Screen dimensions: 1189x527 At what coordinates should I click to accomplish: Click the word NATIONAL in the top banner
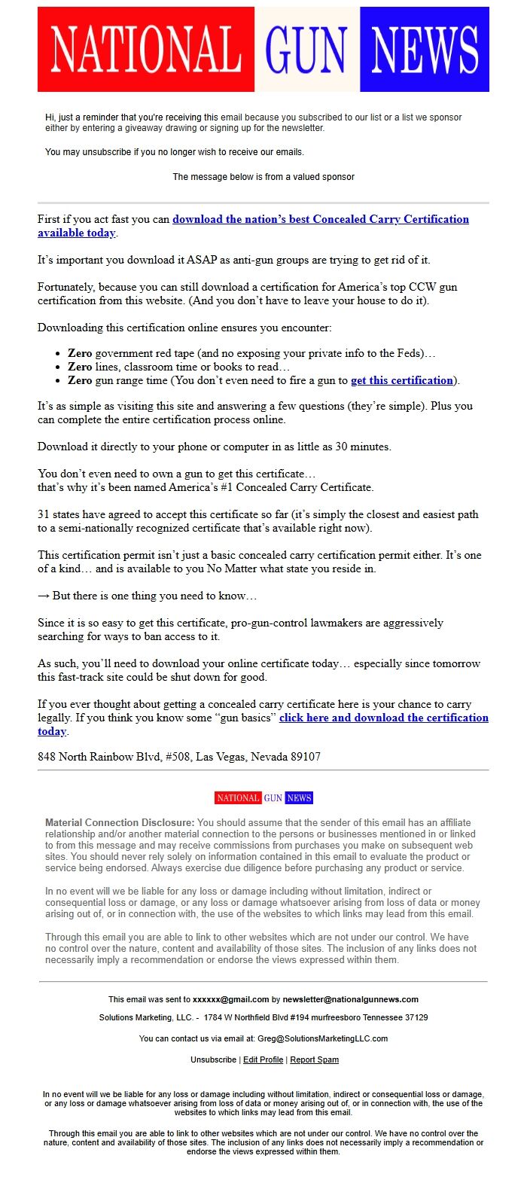146,50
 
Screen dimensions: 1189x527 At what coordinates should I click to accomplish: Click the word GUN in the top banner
306,50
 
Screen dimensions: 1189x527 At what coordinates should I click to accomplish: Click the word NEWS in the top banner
425,50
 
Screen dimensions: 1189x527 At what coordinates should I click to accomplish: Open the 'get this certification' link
402,380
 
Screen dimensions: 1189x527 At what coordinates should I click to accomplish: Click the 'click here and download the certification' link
383,718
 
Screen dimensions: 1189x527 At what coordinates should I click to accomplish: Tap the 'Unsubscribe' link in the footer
213,1059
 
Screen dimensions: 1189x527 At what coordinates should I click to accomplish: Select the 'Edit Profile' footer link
263,1059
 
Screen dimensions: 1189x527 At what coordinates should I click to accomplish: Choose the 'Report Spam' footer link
314,1059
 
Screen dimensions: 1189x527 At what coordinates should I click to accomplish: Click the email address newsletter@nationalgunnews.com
350,999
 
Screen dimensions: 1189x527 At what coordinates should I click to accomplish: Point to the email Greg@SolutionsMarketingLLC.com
322,1038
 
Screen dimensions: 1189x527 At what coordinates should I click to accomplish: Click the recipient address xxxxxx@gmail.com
230,999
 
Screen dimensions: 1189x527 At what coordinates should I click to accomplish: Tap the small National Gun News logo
263,797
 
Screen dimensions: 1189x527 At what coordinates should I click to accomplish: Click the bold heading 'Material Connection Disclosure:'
120,823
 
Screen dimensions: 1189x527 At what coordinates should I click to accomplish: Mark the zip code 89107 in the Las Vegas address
305,757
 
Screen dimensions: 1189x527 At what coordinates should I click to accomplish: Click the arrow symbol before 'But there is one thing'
44,596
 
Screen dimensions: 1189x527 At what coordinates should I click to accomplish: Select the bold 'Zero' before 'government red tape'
80,353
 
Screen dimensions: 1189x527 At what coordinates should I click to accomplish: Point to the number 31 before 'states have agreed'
44,514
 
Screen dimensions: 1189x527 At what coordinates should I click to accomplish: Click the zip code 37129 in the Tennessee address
416,1017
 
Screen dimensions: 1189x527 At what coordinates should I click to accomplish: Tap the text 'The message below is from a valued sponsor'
263,177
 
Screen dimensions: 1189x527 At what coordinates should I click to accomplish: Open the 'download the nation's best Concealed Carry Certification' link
321,219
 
